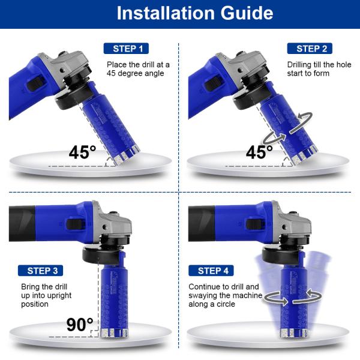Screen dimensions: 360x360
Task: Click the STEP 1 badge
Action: click(126, 49)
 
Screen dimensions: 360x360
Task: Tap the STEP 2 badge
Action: click(310, 49)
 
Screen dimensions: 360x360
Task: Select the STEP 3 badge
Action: click(40, 271)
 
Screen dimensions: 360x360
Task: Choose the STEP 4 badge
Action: click(211, 271)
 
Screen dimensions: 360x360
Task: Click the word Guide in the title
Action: click(247, 13)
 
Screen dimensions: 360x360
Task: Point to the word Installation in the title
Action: click(166, 13)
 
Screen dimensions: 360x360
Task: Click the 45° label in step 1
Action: click(82, 152)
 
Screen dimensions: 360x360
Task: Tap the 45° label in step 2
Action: click(259, 152)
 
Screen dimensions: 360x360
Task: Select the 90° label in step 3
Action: click(80, 325)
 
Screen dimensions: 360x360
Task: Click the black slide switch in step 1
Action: click(35, 83)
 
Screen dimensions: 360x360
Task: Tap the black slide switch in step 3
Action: click(75, 224)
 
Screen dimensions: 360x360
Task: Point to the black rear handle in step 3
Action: click(22, 223)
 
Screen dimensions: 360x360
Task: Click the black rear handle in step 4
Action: click(202, 223)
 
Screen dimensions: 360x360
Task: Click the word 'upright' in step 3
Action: click(58, 295)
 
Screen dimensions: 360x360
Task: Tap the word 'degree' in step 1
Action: click(140, 73)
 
